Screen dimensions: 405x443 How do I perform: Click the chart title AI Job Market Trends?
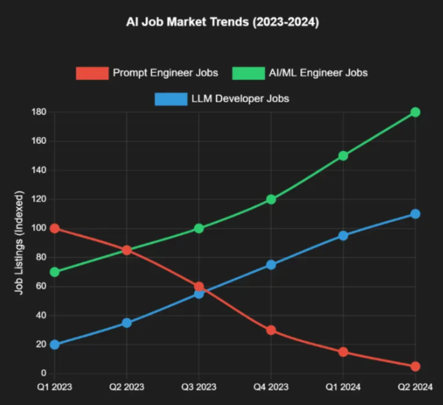[222, 23]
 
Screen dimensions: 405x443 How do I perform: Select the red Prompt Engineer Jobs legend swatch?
[92, 73]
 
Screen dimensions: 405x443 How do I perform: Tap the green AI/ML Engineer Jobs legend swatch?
[248, 73]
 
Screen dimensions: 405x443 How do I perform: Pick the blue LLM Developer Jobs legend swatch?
[170, 99]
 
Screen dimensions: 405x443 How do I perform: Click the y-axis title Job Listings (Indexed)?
[20, 243]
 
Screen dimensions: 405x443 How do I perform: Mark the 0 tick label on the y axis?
[44, 374]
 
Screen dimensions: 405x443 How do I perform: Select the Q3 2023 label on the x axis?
[198, 387]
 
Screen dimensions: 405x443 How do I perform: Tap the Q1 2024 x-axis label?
[343, 387]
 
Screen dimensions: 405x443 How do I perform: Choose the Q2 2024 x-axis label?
[415, 387]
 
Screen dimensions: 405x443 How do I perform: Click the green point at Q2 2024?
[415, 112]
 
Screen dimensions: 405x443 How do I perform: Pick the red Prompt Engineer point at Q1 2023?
[54, 228]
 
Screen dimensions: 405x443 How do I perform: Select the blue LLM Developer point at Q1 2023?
[54, 344]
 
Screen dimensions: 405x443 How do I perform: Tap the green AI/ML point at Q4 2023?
[271, 199]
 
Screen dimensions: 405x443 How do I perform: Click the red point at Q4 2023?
[271, 330]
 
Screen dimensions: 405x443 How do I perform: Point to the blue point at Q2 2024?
[415, 214]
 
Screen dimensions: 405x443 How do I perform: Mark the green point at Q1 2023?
[54, 272]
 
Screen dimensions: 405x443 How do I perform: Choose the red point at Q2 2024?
[415, 367]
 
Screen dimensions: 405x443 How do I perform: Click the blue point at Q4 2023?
[271, 265]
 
